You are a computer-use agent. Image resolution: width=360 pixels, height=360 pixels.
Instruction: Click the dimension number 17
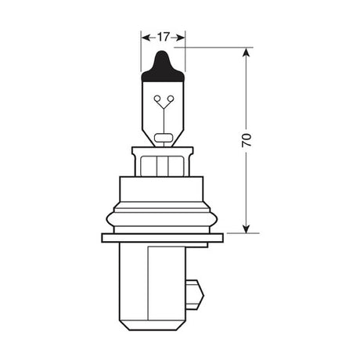coord(163,36)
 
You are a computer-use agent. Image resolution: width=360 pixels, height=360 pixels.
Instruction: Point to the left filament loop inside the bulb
coord(158,99)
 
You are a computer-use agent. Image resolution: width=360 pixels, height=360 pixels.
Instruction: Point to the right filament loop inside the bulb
coord(167,99)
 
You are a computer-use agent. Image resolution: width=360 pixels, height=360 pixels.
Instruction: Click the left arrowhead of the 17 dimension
coord(145,36)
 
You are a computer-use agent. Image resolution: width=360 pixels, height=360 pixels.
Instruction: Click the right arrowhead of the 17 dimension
coord(182,36)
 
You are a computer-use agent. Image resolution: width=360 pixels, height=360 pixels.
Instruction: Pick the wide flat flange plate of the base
coord(163,237)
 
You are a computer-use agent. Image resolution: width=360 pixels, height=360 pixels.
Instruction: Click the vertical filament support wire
coord(163,117)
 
